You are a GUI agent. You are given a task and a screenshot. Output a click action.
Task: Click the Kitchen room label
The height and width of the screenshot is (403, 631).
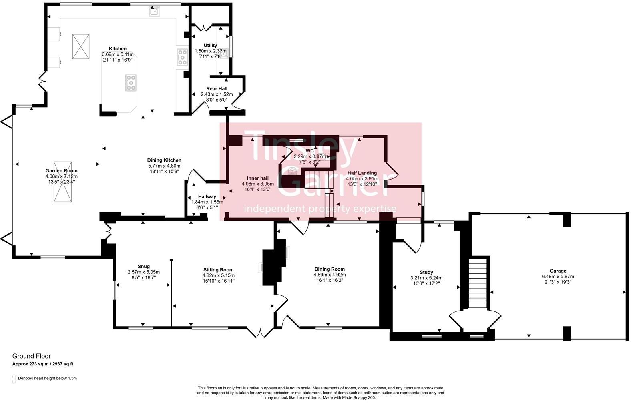118,49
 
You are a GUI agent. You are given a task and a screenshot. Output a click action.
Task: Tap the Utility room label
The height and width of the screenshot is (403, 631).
211,45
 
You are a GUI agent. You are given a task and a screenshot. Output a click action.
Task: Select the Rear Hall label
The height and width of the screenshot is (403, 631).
217,89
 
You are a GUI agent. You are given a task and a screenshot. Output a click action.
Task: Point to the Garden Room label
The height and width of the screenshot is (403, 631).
61,171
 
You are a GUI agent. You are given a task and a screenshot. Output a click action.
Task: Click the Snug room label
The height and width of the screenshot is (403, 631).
144,267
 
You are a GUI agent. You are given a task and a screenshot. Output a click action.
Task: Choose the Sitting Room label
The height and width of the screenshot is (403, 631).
219,270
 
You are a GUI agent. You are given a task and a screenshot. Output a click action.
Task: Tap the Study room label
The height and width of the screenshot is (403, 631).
426,272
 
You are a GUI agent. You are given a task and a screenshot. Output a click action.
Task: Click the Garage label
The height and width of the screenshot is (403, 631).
558,271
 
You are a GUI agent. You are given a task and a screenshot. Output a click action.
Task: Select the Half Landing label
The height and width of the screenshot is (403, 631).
362,173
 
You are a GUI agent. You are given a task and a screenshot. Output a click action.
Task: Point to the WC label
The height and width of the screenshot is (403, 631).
309,151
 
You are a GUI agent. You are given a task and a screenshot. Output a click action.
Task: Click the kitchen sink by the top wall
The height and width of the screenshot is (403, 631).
154,12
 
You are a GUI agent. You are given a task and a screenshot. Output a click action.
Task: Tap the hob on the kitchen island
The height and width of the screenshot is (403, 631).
131,83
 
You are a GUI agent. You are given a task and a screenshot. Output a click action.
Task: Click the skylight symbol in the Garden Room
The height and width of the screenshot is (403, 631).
62,182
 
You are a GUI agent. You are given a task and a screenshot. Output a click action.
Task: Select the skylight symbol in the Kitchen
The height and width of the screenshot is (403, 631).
81,47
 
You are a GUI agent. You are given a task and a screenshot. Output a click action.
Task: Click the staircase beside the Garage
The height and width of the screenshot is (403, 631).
478,283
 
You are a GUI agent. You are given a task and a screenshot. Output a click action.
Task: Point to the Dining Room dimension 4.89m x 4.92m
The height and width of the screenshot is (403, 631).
330,275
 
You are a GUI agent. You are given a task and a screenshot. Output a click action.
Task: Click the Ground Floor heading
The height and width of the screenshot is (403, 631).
32,356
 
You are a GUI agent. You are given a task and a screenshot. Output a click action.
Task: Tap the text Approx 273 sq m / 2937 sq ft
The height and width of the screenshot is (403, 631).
43,364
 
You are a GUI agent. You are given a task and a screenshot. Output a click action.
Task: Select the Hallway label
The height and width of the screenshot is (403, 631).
207,197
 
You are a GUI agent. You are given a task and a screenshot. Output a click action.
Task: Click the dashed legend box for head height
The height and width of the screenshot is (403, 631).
14,379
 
